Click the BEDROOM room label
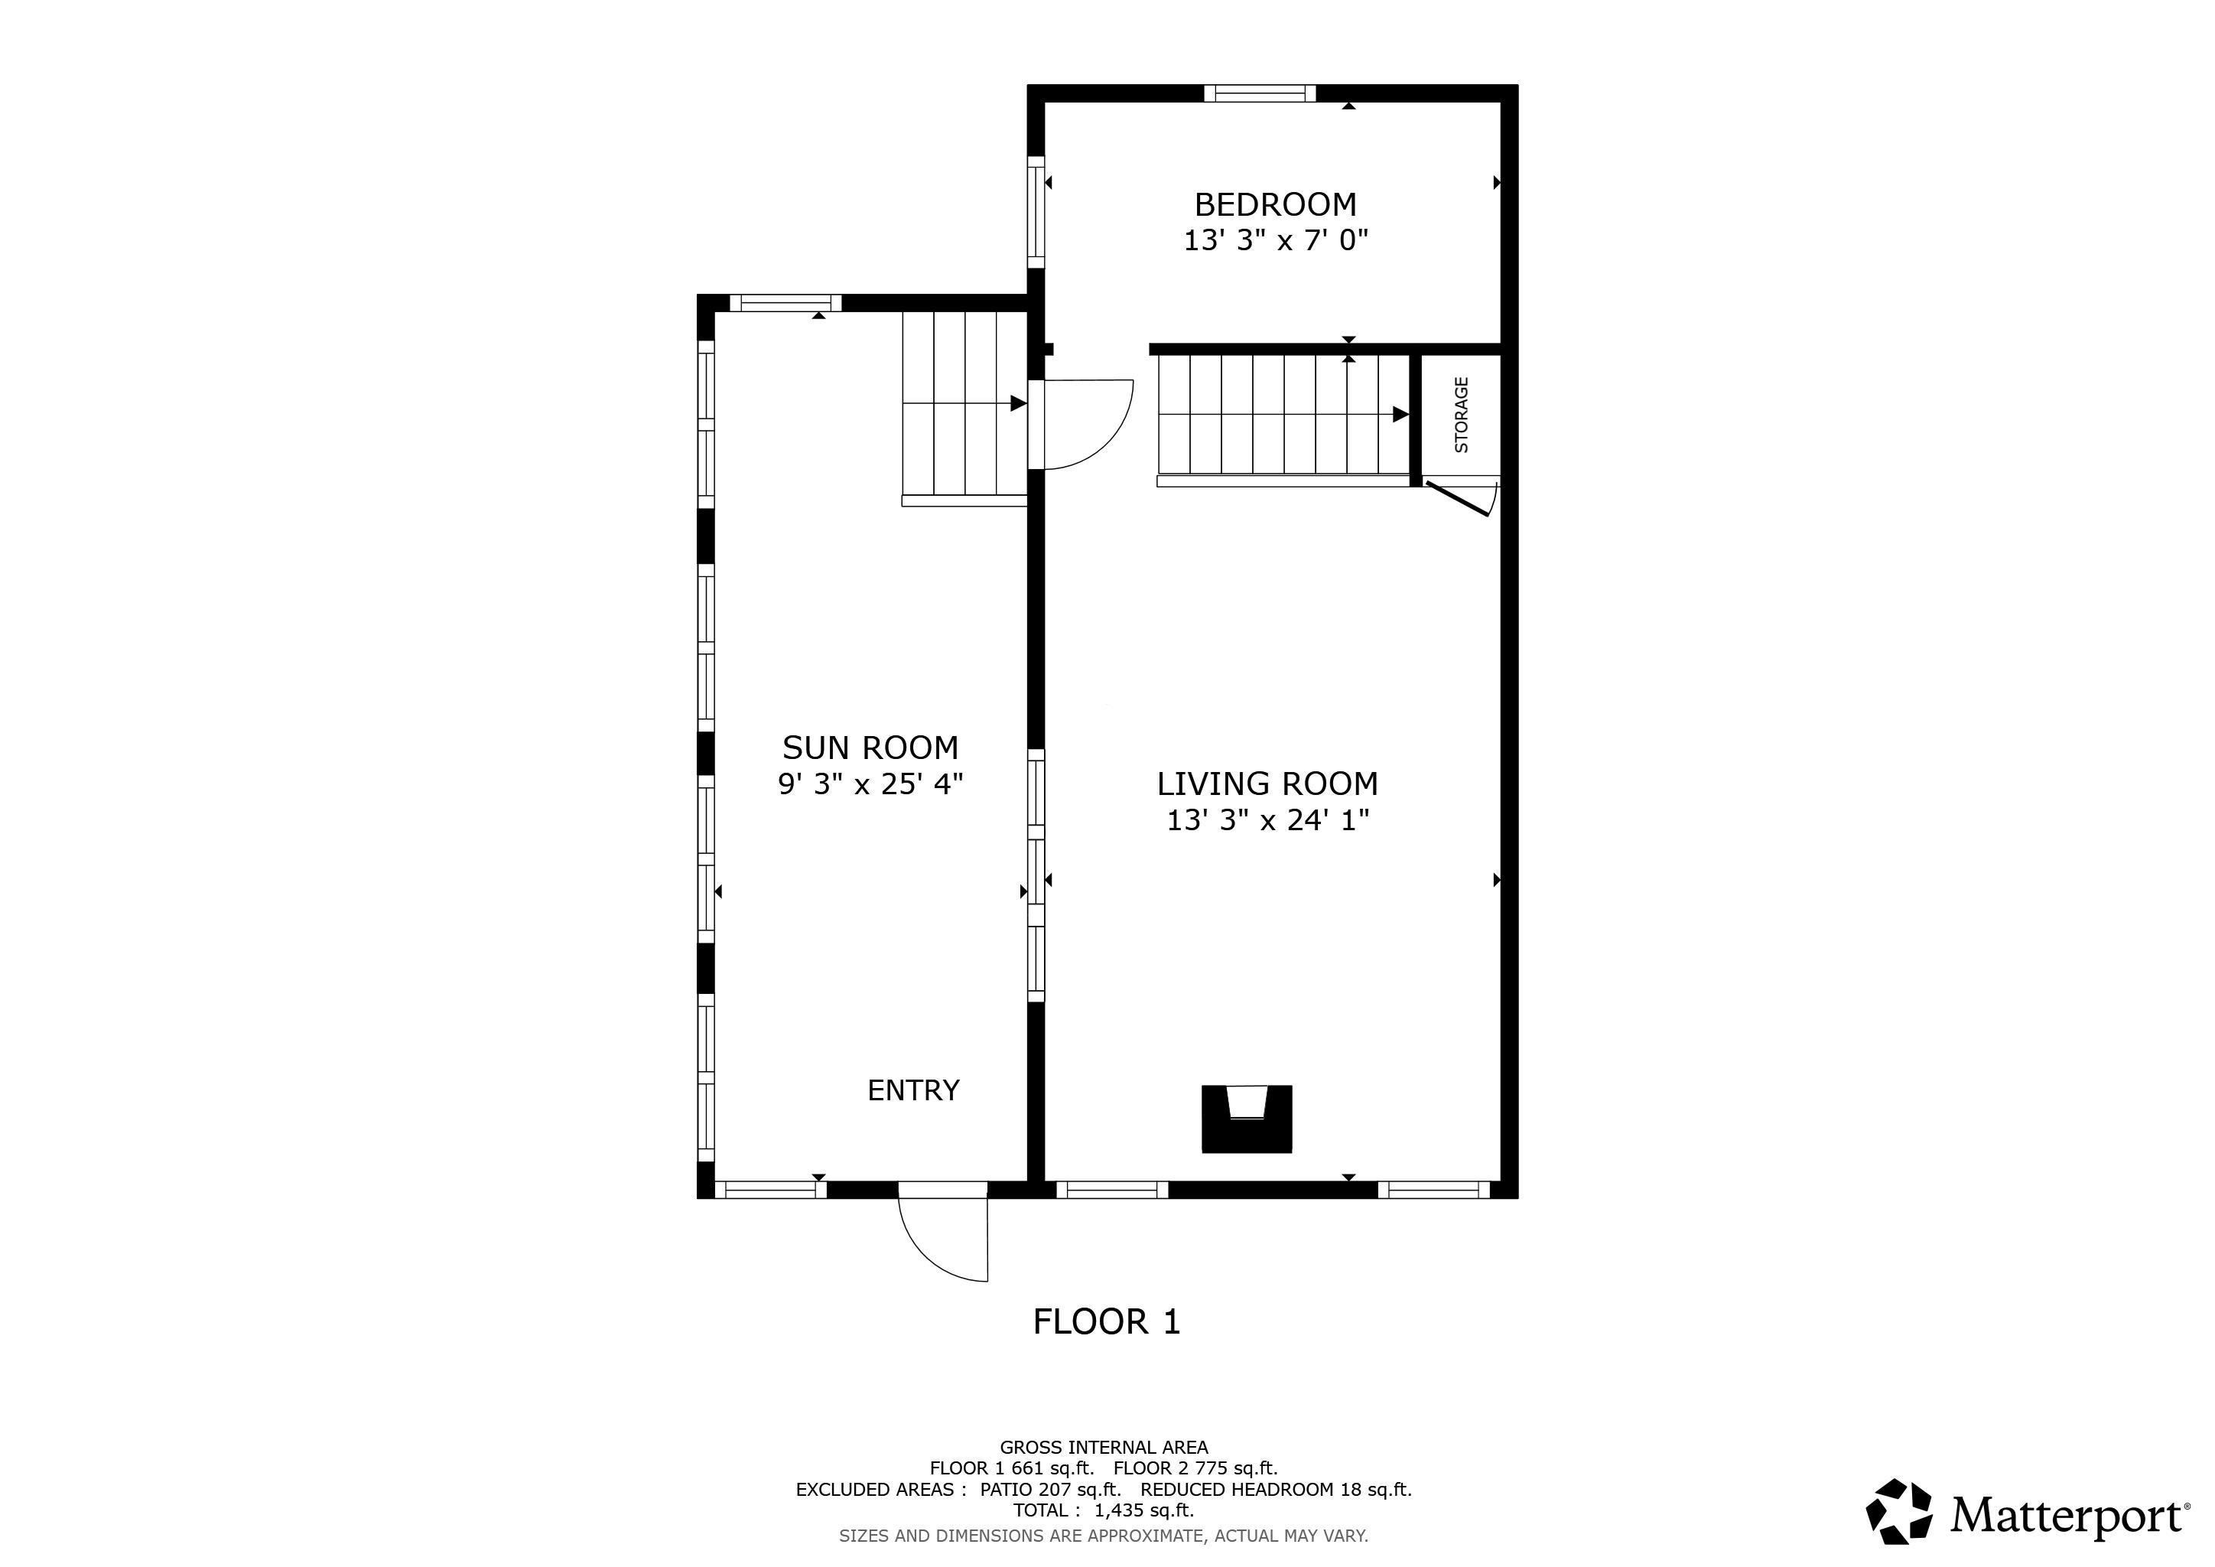[x=1275, y=204]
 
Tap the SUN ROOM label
[x=870, y=748]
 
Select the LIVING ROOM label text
[x=1267, y=783]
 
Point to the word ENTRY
[x=913, y=1090]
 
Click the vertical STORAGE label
[x=1462, y=415]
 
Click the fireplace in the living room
[x=1247, y=1119]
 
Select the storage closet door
[x=1459, y=499]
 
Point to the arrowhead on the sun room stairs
[x=1018, y=403]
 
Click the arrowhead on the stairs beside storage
[x=1400, y=415]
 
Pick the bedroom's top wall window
[x=1260, y=93]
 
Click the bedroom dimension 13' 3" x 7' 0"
[x=1275, y=240]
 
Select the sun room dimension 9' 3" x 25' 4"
[x=870, y=783]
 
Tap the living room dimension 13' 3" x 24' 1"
[x=1267, y=820]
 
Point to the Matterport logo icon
[x=1898, y=1511]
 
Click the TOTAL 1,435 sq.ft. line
[x=1104, y=1511]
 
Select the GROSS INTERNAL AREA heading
[x=1104, y=1448]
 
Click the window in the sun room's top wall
[x=785, y=303]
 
